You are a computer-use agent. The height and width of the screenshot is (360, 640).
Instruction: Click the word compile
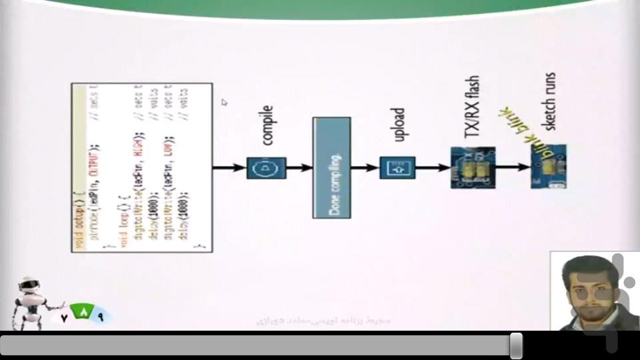[x=269, y=125]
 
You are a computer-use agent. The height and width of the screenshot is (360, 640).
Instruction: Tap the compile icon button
[x=266, y=167]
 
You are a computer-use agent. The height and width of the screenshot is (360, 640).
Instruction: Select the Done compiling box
[x=331, y=167]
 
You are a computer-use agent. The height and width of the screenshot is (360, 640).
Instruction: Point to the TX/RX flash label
[x=472, y=107]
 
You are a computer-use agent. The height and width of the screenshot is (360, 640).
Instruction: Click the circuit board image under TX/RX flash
[x=473, y=167]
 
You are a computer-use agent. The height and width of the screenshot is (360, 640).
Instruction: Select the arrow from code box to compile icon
[x=229, y=167]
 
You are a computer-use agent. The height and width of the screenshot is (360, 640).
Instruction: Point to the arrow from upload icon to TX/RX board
[x=433, y=167]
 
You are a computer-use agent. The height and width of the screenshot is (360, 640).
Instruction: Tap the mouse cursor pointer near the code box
[x=225, y=102]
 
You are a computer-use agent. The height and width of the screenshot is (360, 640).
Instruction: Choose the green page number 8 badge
[x=83, y=312]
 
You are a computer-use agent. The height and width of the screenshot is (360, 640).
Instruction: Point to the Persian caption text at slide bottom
[x=324, y=321]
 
